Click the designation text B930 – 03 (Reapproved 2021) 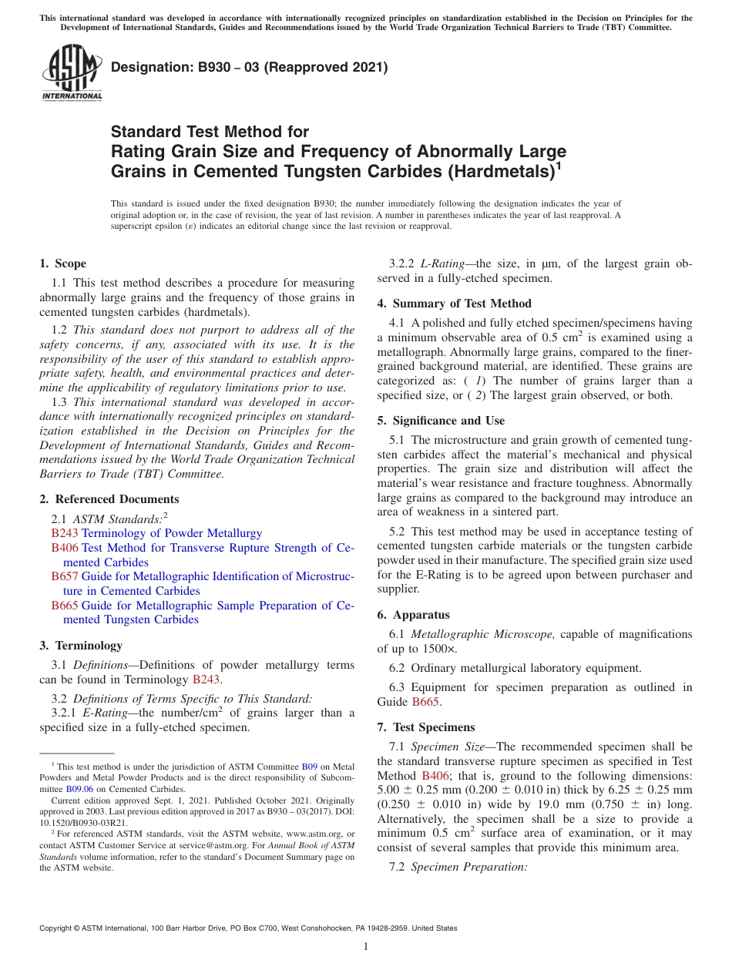point(249,68)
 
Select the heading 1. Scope point(63,264)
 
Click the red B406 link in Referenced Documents point(65,548)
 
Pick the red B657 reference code point(65,576)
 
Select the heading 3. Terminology point(81,646)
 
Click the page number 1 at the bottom point(366,947)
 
